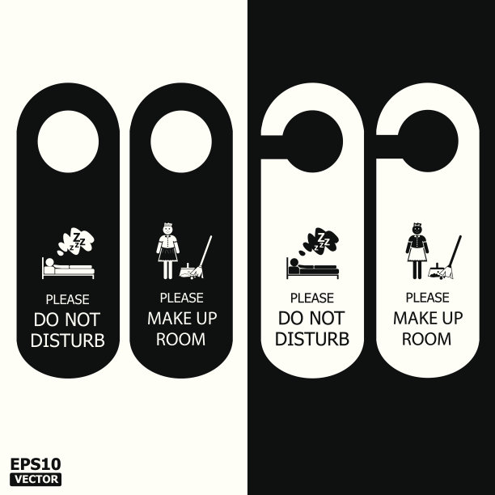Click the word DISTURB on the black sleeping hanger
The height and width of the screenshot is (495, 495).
(x=68, y=341)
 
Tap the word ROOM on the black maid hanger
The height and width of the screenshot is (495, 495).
(x=181, y=339)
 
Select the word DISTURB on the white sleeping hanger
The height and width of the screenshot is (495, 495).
(x=312, y=339)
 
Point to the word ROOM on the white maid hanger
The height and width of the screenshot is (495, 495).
(x=427, y=339)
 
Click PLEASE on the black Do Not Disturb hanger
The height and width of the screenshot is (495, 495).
(x=68, y=299)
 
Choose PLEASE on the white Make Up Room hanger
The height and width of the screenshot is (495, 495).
(x=427, y=298)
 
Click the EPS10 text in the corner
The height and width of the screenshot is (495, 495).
(x=36, y=464)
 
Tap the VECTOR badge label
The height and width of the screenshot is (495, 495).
(x=36, y=479)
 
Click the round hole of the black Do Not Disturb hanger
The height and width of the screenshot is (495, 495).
(x=68, y=142)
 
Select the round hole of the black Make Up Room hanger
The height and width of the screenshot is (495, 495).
(x=181, y=142)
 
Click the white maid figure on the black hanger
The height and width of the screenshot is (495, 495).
(x=167, y=251)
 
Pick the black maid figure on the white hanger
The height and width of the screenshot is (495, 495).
(x=417, y=251)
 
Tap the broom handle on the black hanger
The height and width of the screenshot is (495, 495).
(x=205, y=252)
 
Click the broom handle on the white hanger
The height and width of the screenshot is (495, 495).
(x=455, y=252)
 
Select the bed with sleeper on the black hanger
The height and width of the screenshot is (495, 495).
(x=68, y=269)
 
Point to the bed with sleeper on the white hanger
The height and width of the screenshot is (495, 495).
(x=312, y=269)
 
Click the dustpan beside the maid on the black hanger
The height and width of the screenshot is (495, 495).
(x=186, y=272)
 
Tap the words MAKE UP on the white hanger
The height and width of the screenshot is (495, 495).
(x=428, y=318)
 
